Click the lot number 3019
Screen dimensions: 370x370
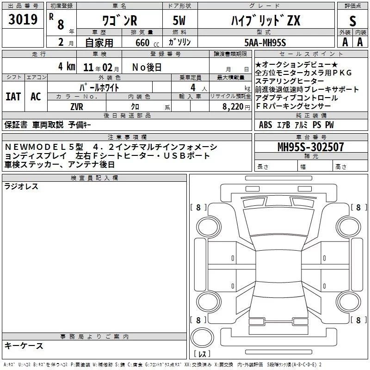tap(23, 19)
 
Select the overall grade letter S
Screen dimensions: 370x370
tap(352, 21)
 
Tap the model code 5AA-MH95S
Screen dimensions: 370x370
tap(265, 43)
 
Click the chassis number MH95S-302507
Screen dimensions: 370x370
tap(310, 147)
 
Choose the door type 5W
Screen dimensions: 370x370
tap(179, 20)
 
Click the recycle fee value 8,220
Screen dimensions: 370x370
tap(233, 107)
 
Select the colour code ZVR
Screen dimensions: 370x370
tap(77, 107)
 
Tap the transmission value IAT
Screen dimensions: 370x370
tap(13, 97)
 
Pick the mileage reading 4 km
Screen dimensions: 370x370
tap(67, 67)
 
